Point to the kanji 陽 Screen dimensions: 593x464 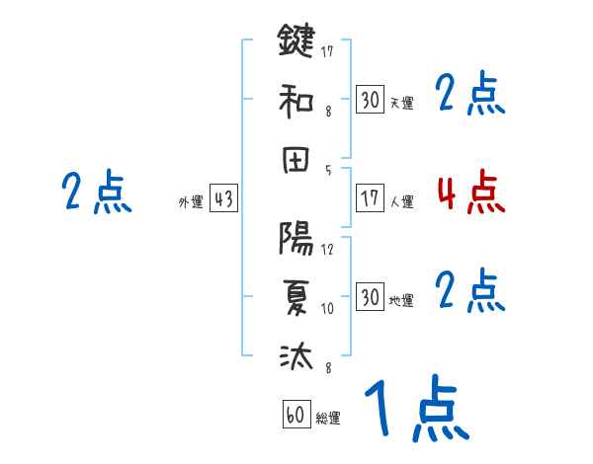296,239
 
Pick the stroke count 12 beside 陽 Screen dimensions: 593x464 327,249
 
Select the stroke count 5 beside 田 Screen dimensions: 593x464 328,169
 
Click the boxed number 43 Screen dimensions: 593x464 223,199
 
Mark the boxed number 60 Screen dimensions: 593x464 296,415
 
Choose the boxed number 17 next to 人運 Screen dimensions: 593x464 370,198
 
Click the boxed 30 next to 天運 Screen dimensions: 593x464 370,99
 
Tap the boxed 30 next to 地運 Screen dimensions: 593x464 370,297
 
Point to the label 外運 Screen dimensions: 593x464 191,202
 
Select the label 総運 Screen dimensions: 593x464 328,419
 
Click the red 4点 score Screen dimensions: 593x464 470,193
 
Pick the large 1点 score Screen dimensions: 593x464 415,410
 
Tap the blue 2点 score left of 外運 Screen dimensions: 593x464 97,193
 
